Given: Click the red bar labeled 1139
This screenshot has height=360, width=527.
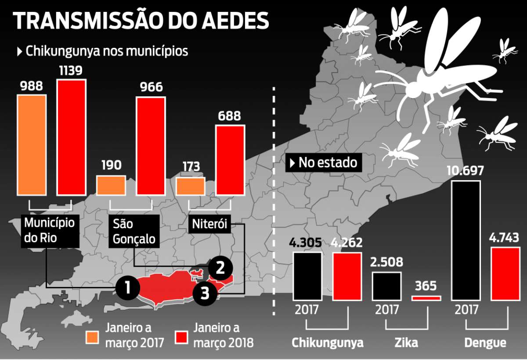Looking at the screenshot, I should [71, 138].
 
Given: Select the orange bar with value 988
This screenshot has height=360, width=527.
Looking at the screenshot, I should [32, 145].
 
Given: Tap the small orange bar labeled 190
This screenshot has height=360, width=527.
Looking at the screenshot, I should [111, 185].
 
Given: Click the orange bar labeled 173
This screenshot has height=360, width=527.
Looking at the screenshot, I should [190, 186].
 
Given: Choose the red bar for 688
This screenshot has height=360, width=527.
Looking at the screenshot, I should [229, 160].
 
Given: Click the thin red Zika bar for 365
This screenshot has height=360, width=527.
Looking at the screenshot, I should [426, 298].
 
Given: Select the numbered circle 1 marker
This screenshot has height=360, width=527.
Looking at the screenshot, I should [128, 287].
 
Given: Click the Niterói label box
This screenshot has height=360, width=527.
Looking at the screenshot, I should [209, 224].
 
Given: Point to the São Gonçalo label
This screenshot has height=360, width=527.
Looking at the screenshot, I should [134, 232].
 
